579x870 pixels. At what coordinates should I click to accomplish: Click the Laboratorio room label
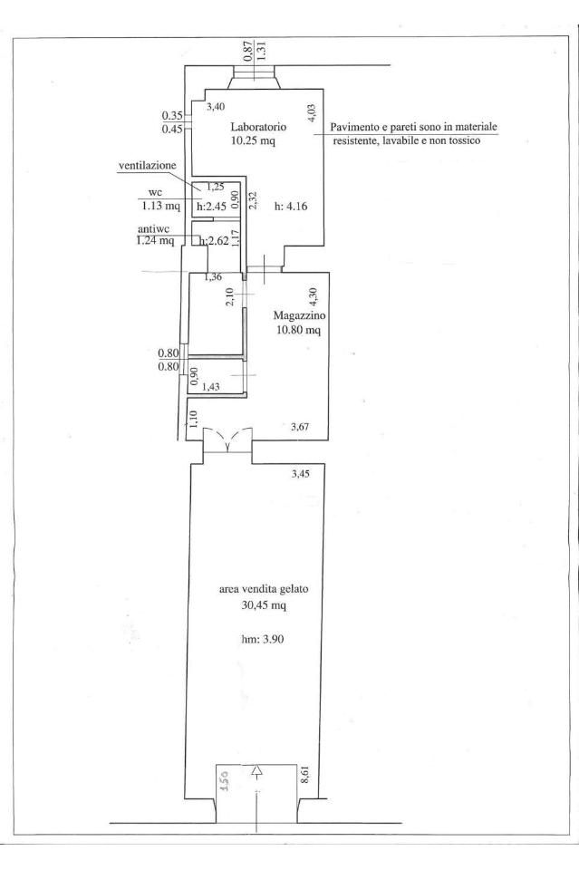(258, 127)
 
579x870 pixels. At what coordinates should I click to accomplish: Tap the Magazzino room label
(300, 315)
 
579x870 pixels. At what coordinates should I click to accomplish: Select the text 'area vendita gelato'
(264, 589)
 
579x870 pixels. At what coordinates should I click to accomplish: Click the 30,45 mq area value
(264, 605)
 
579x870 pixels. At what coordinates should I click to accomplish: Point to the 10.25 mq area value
(253, 141)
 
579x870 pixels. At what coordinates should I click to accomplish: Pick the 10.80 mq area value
(298, 331)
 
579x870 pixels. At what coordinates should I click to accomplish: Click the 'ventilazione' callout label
(148, 165)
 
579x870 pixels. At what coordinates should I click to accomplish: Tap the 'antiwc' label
(154, 228)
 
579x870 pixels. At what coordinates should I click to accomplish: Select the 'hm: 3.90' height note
(263, 639)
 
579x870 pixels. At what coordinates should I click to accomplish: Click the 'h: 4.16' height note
(291, 207)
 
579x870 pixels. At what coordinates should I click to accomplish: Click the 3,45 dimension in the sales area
(301, 474)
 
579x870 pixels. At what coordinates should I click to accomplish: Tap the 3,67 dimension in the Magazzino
(301, 427)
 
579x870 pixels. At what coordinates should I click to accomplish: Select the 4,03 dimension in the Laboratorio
(312, 114)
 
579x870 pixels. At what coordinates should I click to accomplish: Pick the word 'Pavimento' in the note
(351, 127)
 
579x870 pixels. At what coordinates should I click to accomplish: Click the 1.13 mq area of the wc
(161, 206)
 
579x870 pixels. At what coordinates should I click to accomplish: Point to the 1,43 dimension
(211, 387)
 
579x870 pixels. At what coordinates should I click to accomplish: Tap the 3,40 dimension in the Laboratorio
(216, 107)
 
